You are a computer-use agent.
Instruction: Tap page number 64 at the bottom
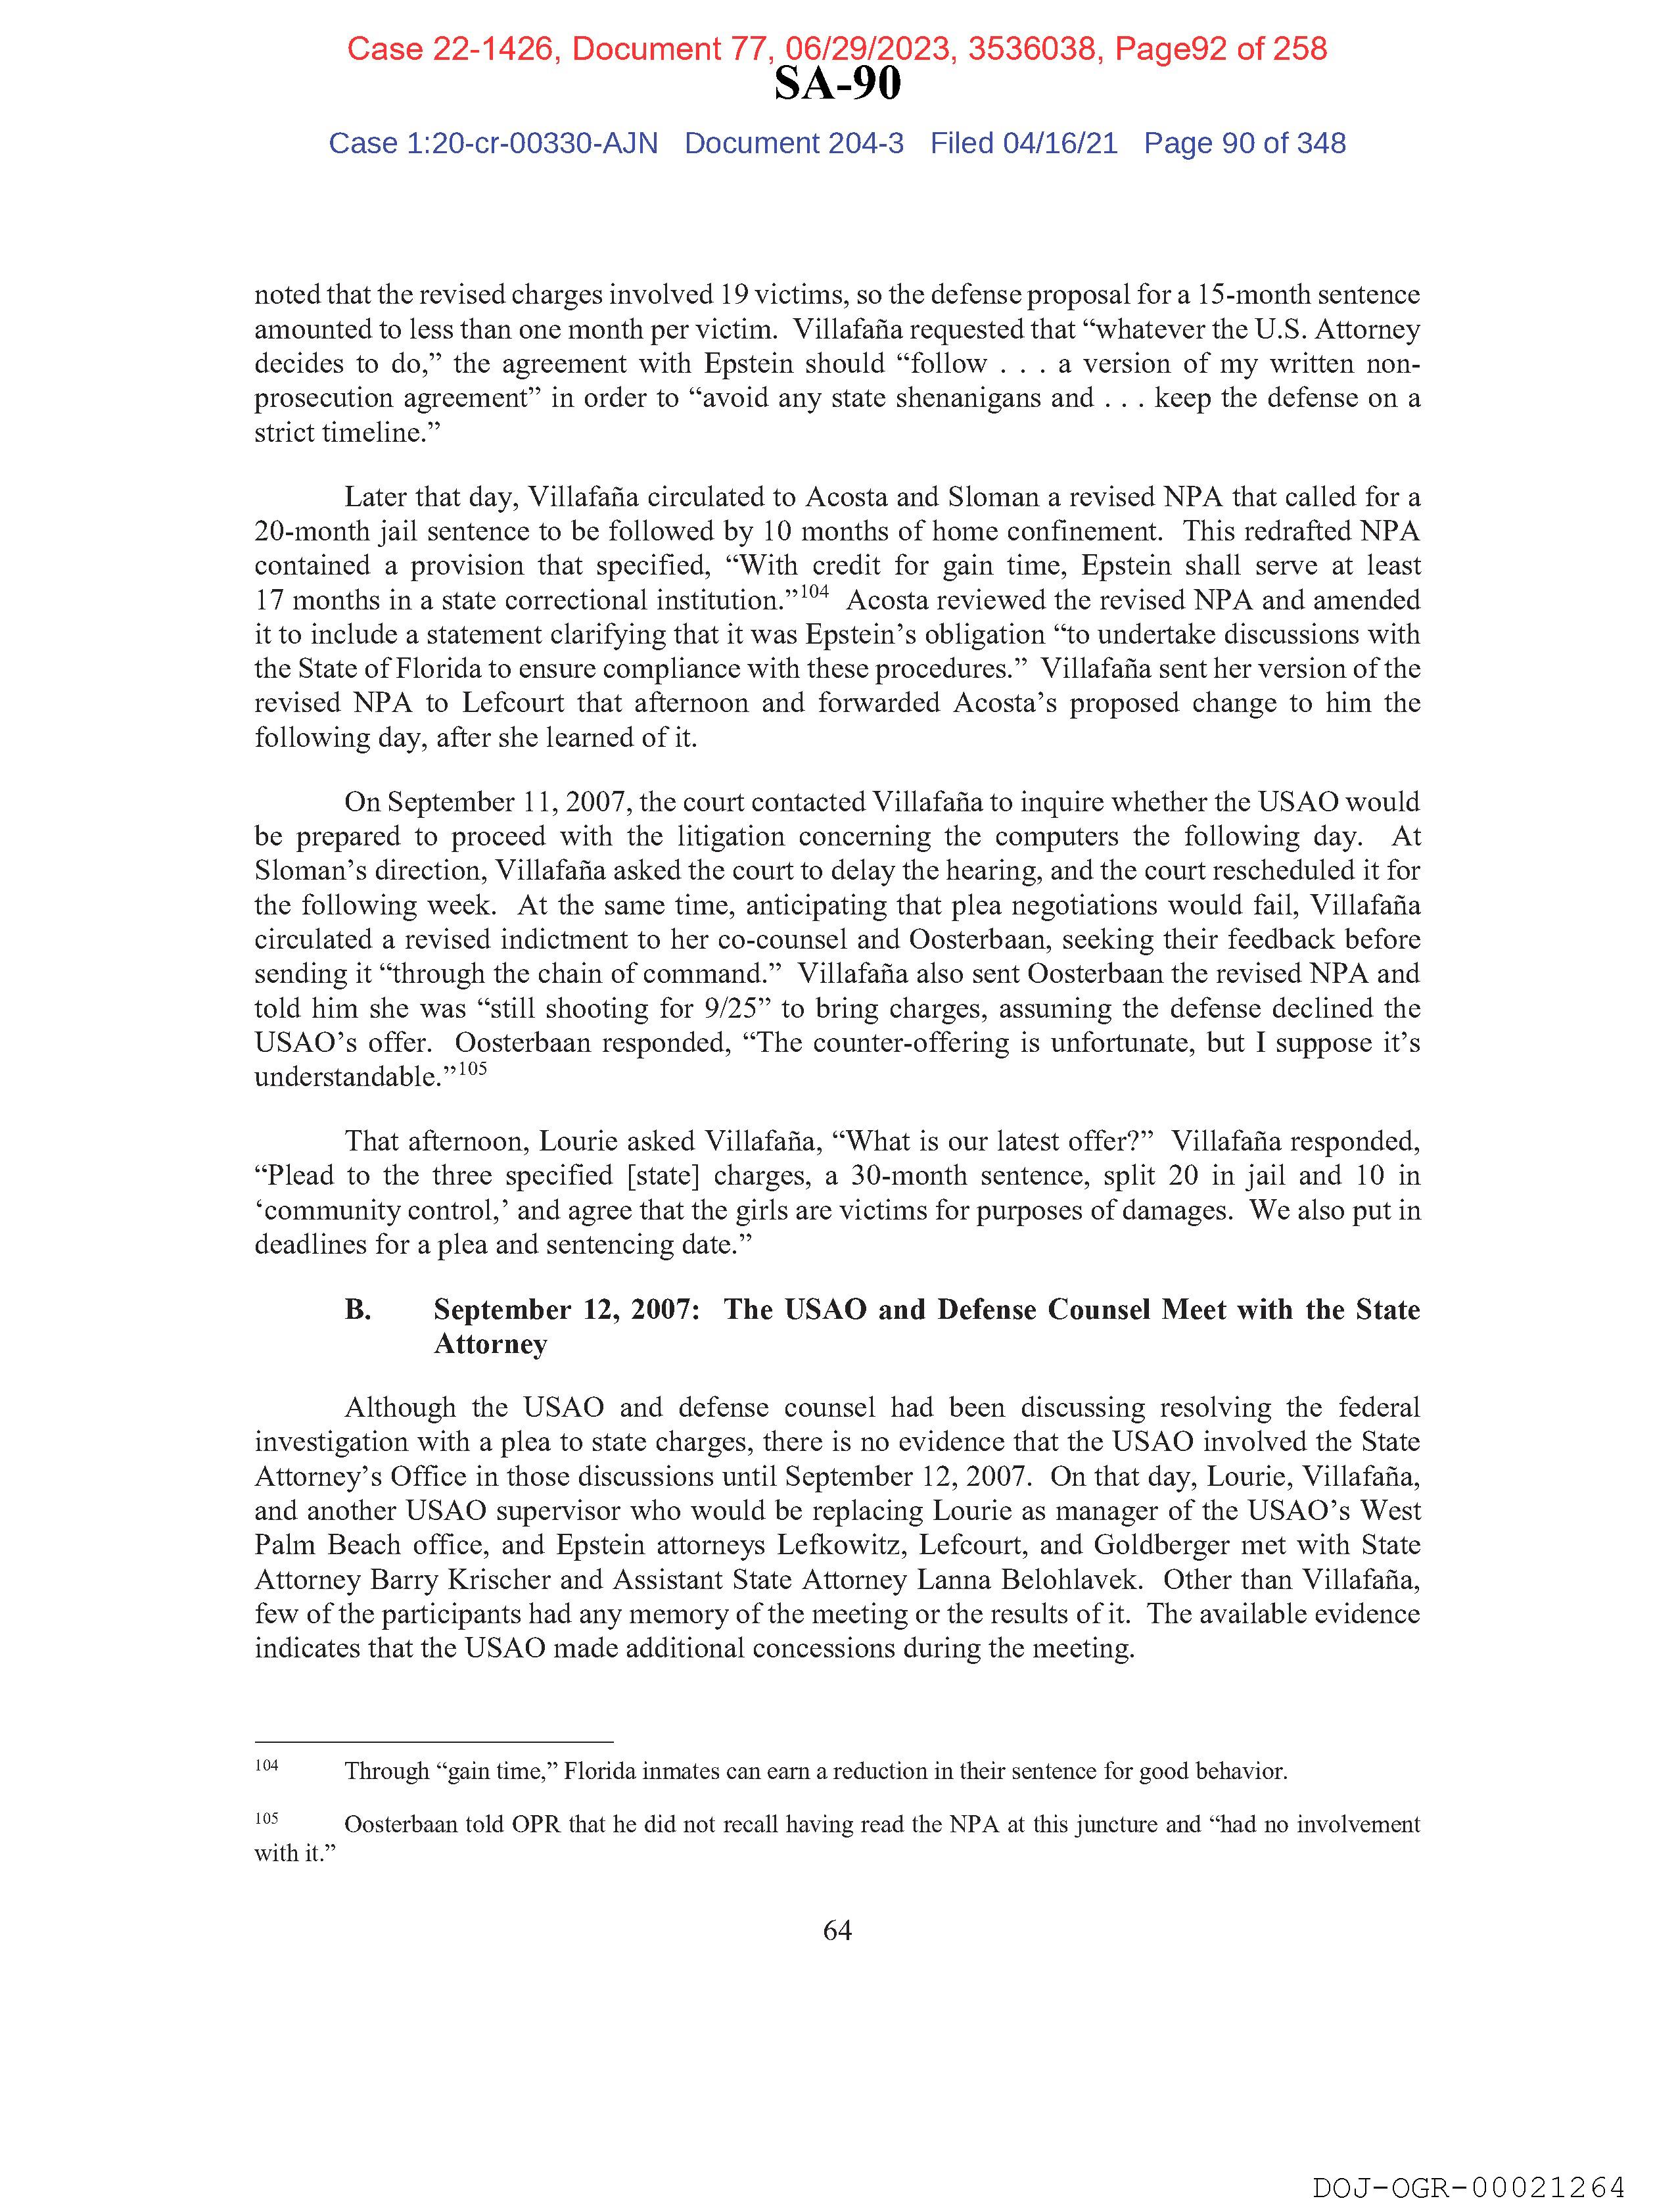click(x=837, y=1931)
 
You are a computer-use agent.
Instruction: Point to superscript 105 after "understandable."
click(x=472, y=1068)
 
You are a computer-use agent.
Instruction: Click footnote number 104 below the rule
click(x=266, y=1765)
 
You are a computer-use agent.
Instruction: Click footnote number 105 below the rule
click(x=266, y=1818)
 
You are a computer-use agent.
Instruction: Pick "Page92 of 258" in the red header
click(x=1220, y=49)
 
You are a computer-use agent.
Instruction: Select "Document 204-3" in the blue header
click(x=794, y=144)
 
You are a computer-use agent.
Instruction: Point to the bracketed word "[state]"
click(x=668, y=1175)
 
